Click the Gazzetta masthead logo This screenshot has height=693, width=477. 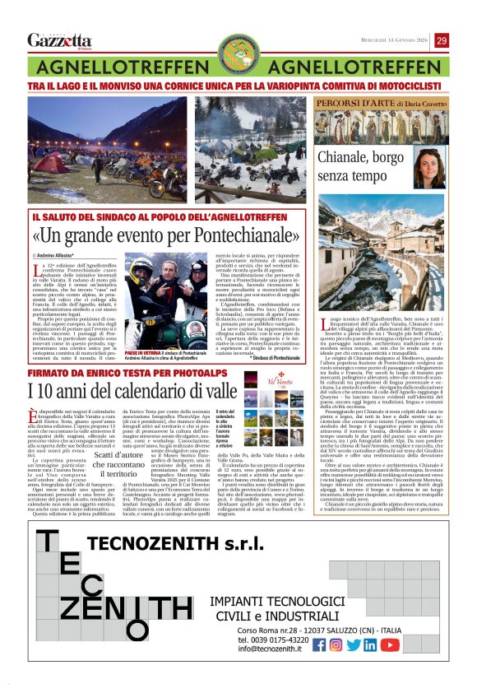[59, 40]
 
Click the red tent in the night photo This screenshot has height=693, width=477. [49, 160]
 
